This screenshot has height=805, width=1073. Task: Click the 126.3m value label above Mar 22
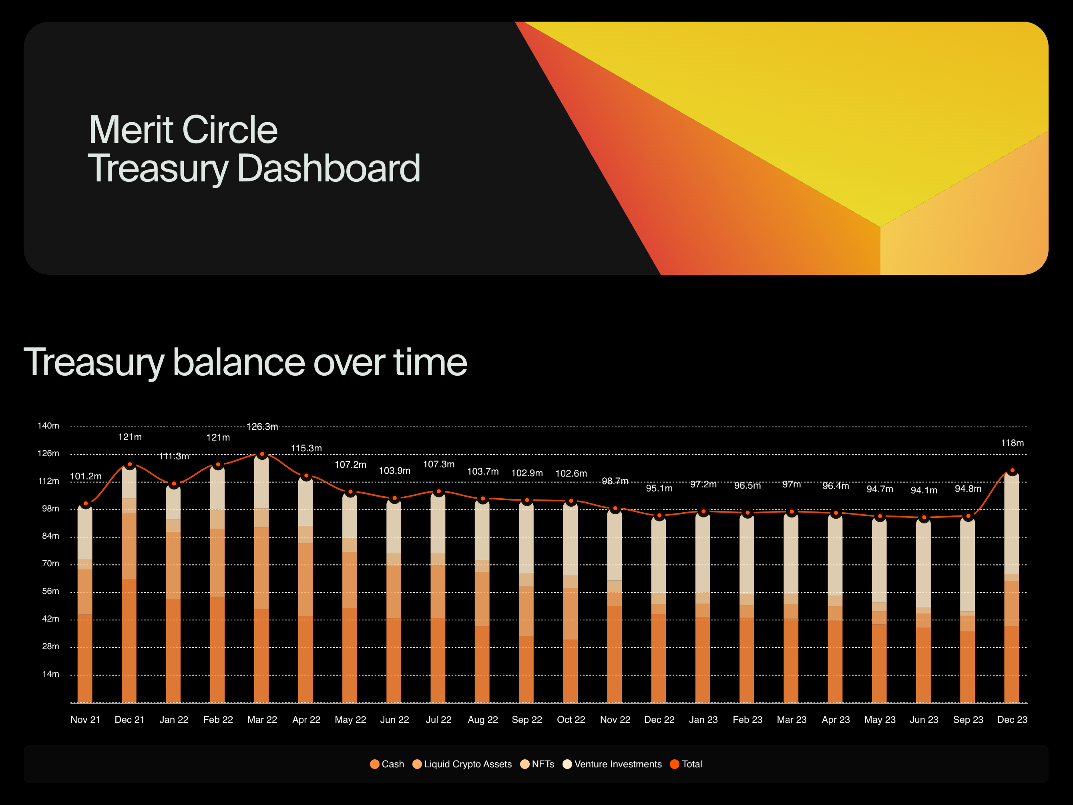coord(262,427)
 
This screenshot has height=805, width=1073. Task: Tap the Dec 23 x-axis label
coord(1012,720)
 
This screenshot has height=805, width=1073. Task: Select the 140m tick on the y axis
coord(48,426)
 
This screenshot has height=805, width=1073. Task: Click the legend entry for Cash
coord(387,764)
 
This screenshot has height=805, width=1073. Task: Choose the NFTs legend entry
coord(537,764)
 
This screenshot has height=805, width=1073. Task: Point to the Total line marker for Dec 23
coord(1012,471)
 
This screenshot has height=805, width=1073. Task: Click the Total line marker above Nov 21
coord(86,504)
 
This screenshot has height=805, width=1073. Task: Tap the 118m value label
coord(1012,443)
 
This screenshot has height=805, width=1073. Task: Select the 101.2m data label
coord(86,476)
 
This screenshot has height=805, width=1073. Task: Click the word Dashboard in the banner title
coord(328,168)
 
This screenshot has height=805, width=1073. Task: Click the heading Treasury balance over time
coord(245,362)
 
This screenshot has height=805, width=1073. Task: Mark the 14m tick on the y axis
coord(50,674)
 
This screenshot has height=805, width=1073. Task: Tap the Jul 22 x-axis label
coord(438,720)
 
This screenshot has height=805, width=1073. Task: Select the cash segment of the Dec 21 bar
coord(129,640)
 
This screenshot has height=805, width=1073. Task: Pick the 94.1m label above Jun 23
coord(924,490)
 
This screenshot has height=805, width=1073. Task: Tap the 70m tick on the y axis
coord(50,563)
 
